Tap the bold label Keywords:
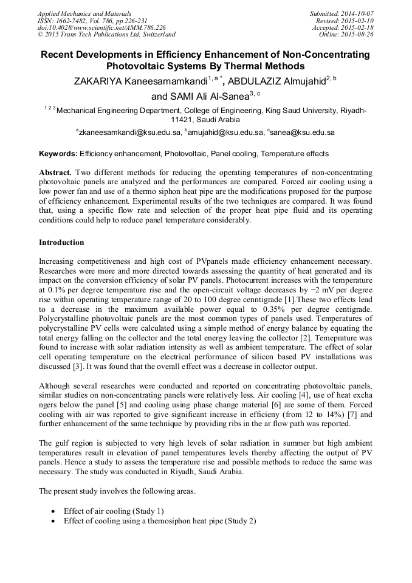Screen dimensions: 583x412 click(58, 154)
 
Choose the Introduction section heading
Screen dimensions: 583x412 click(61, 243)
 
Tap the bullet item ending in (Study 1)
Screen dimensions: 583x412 click(114, 511)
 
